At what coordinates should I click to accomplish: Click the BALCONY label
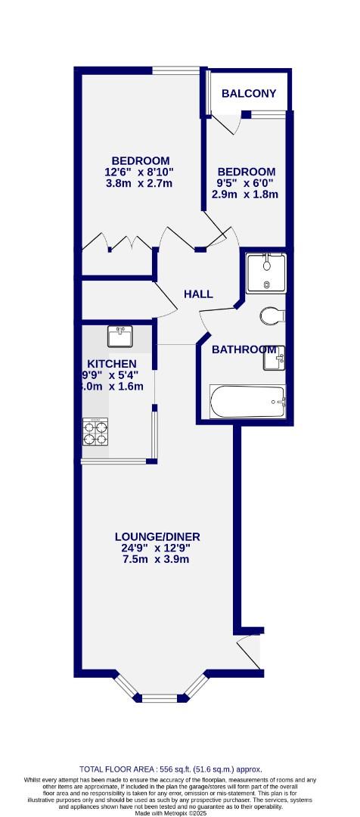pos(249,95)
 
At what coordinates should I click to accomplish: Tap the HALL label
pos(198,294)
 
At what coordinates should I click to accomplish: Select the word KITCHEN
pos(111,364)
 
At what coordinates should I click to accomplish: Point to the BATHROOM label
pos(243,349)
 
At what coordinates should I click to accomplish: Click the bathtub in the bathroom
pos(247,401)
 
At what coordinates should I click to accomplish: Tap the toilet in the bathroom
pos(269,315)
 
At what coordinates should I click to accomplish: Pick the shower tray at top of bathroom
pos(265,273)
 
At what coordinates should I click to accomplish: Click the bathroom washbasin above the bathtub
pos(275,359)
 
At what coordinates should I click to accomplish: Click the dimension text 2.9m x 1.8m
pos(246,194)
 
